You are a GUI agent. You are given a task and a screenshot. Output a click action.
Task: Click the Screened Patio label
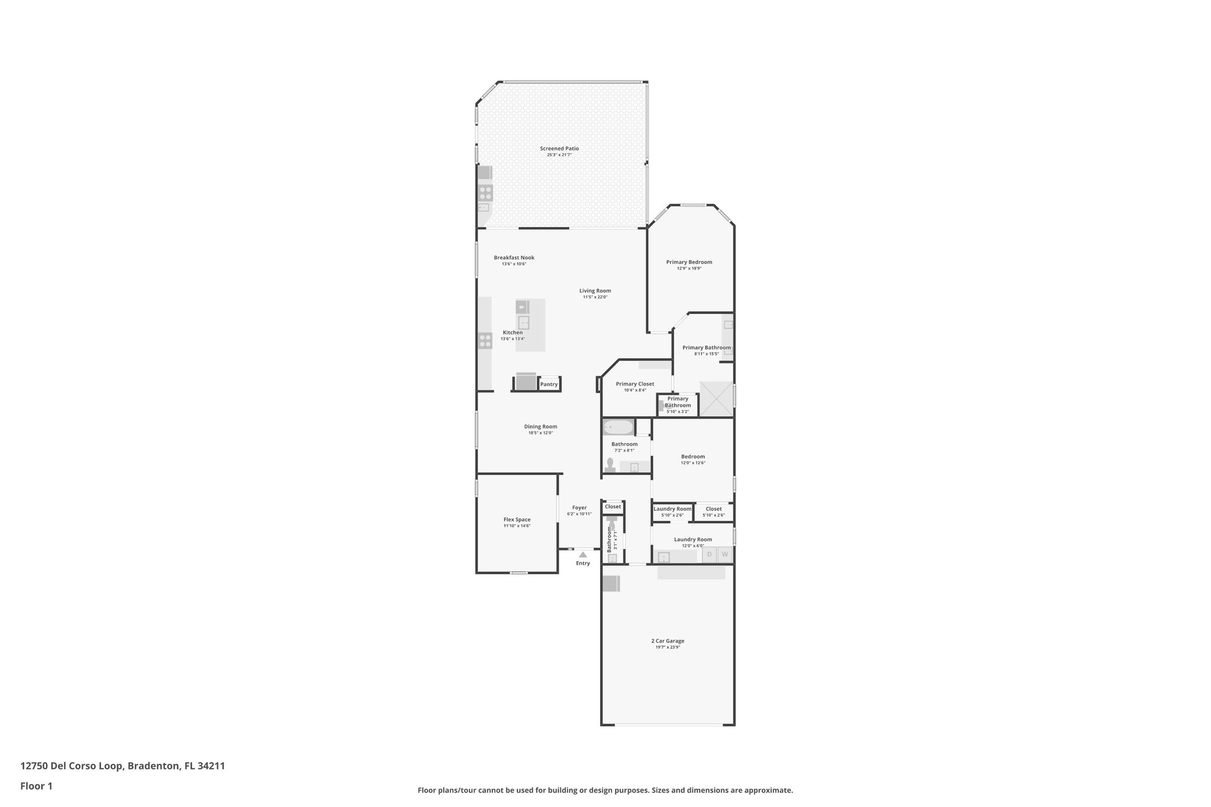point(559,148)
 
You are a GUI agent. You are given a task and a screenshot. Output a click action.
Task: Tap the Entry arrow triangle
point(583,555)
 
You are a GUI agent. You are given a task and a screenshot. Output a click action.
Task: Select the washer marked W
point(725,555)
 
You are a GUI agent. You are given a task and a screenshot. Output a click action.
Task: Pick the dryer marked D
point(710,555)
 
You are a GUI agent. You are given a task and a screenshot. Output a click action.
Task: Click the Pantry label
point(549,384)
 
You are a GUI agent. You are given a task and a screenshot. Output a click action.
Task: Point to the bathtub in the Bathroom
point(617,427)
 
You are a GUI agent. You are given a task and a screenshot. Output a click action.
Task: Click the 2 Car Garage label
point(668,641)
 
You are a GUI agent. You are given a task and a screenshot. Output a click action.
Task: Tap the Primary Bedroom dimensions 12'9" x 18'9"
point(689,268)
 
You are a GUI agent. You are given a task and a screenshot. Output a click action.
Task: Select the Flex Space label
point(517,520)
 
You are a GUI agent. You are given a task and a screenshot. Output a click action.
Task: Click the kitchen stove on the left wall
point(485,341)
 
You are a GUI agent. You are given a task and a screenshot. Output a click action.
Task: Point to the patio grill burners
point(485,193)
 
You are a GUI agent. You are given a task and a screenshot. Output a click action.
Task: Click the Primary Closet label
point(635,384)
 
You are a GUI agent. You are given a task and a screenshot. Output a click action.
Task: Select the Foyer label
point(579,507)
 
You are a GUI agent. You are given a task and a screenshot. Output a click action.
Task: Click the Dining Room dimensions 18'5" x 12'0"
point(540,433)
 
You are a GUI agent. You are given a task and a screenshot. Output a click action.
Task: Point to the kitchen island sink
point(523,323)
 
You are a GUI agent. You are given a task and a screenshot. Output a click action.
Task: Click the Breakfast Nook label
point(514,258)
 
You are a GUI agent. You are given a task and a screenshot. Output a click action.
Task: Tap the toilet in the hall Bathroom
point(610,464)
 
